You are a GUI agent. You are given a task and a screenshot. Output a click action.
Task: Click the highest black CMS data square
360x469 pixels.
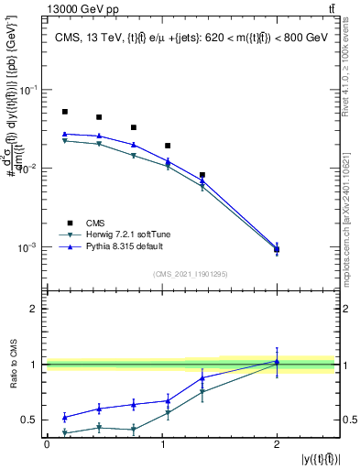(x=65, y=112)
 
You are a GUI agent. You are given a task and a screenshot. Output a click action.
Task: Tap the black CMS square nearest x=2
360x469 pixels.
(x=277, y=249)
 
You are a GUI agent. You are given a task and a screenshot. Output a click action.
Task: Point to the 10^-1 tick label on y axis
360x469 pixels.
(x=28, y=90)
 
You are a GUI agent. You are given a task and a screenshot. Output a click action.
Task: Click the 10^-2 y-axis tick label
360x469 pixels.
(x=28, y=169)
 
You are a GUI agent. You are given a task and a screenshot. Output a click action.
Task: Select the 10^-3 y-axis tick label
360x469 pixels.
(x=28, y=248)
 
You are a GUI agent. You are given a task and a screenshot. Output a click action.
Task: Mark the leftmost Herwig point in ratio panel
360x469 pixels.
(x=65, y=431)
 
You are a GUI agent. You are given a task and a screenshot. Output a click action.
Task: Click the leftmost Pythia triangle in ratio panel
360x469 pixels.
(x=65, y=417)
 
